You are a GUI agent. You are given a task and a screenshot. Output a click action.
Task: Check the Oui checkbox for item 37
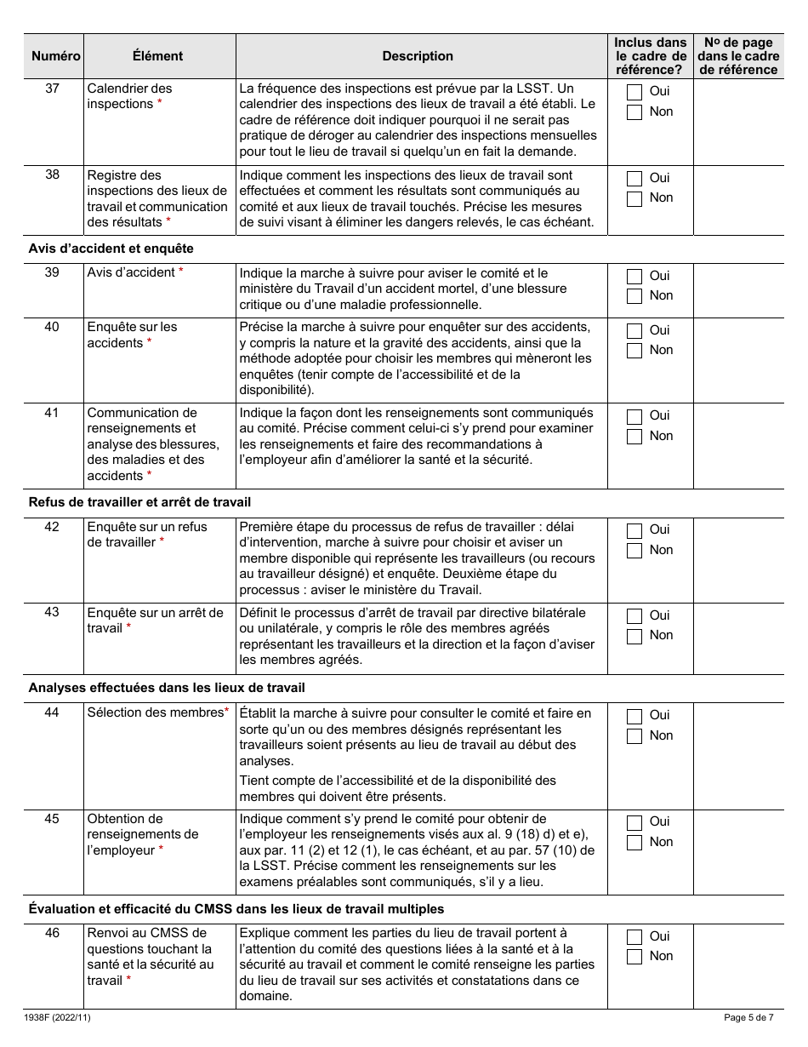click(x=634, y=92)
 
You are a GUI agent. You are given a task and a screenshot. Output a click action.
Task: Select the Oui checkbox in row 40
click(x=634, y=330)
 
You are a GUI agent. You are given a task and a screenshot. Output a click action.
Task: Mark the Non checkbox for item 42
click(x=634, y=551)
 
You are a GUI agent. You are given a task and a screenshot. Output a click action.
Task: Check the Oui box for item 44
click(x=634, y=716)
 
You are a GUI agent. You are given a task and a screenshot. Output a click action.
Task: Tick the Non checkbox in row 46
click(x=634, y=957)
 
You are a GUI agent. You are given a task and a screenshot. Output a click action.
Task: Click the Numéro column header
click(x=55, y=56)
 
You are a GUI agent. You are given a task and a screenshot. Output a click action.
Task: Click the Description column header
click(x=418, y=56)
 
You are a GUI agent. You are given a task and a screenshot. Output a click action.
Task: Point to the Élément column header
click(x=158, y=56)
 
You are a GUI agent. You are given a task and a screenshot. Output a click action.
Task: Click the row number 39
click(x=52, y=272)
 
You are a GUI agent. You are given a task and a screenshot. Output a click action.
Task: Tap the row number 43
click(x=52, y=613)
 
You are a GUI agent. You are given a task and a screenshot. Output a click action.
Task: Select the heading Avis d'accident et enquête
click(x=111, y=249)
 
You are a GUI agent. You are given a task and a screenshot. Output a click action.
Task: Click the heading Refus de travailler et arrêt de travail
click(x=139, y=502)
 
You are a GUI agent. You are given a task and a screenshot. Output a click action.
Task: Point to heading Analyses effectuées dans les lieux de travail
click(x=167, y=687)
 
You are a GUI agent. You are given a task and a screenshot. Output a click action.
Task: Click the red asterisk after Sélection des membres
click(x=227, y=712)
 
